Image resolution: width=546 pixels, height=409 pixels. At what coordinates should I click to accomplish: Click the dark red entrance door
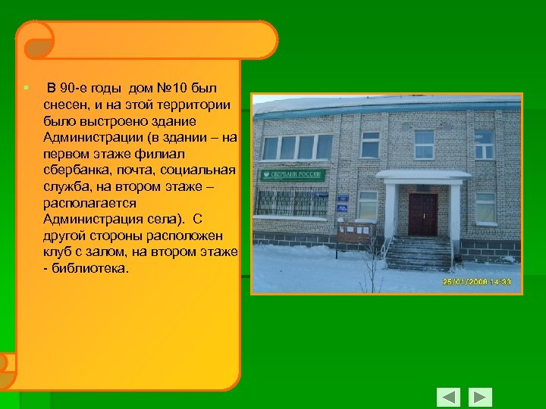pyautogui.click(x=422, y=214)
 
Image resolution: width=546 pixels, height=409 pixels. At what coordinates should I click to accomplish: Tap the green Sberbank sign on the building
pyautogui.click(x=293, y=175)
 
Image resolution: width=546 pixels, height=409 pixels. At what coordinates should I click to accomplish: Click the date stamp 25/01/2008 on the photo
pyautogui.click(x=477, y=283)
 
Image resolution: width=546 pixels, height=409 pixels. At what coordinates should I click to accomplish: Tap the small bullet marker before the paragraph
pyautogui.click(x=24, y=87)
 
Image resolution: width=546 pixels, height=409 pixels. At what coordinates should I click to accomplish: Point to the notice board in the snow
pyautogui.click(x=356, y=229)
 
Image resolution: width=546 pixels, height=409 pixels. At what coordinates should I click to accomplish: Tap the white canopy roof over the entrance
pyautogui.click(x=422, y=176)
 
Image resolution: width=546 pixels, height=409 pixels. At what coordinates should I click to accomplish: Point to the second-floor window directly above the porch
pyautogui.click(x=424, y=142)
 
